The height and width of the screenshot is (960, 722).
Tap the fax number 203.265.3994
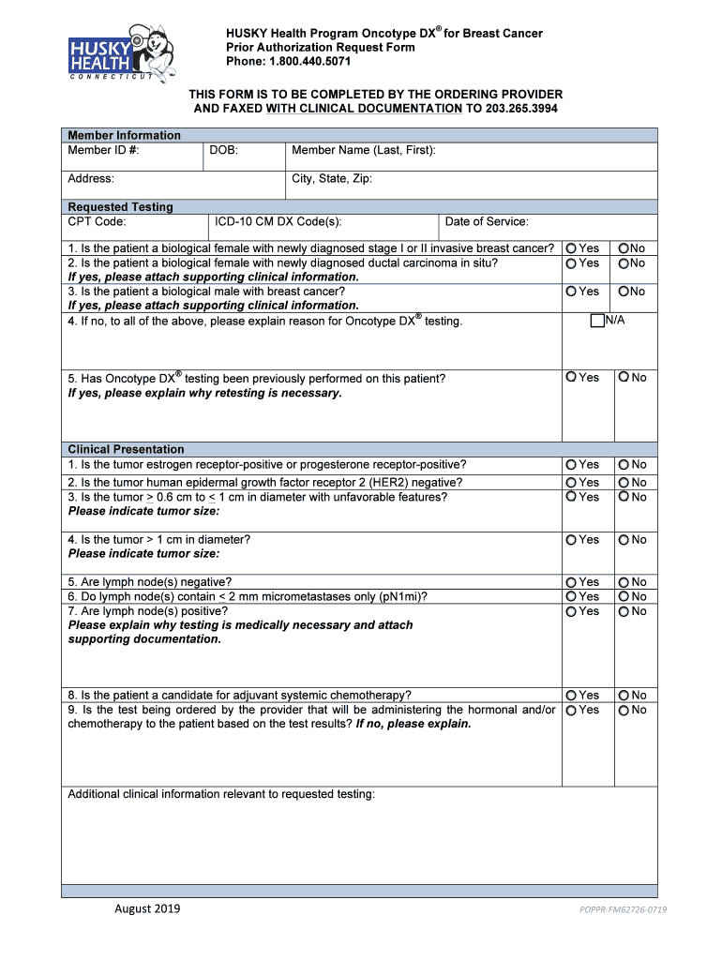pos(520,109)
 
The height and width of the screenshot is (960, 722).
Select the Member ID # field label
pos(103,151)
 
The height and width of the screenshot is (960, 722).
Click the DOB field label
pos(223,151)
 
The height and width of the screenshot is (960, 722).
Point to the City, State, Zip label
pos(332,178)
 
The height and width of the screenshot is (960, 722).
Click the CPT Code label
pos(97,222)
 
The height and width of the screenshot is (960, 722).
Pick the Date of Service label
pos(486,222)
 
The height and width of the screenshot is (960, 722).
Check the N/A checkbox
pos(597,321)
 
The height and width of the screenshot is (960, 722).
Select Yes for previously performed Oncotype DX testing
pos(571,377)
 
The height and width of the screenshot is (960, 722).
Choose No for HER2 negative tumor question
pos(623,482)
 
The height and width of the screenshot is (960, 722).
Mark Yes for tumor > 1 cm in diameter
pos(571,539)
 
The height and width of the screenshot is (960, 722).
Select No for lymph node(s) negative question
pos(623,582)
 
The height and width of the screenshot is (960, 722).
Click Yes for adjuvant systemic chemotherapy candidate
pos(571,695)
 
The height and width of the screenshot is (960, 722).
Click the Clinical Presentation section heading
pos(126,449)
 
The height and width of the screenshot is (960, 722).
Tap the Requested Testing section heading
pos(120,207)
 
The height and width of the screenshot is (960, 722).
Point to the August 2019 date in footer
pos(147,908)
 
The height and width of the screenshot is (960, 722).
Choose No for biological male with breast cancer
pos(623,292)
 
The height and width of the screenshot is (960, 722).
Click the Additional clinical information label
pos(221,794)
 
